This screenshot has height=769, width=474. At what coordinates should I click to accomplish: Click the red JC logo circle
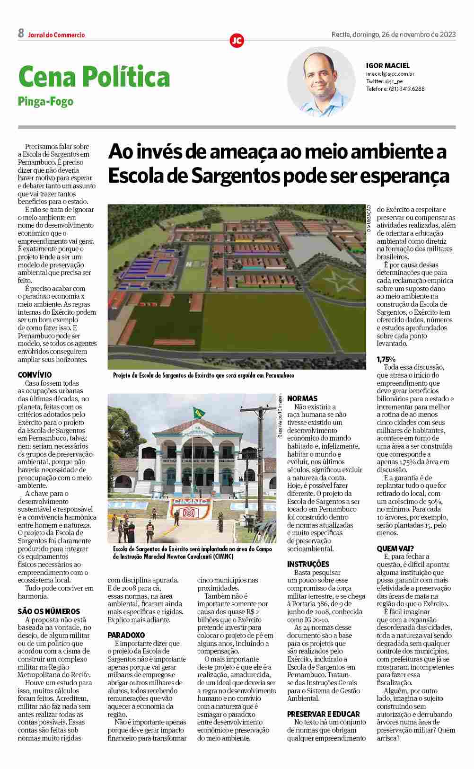[x=237, y=41]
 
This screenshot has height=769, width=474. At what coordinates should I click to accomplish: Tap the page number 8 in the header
[x=21, y=34]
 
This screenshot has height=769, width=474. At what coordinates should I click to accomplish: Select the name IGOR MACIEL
[x=388, y=66]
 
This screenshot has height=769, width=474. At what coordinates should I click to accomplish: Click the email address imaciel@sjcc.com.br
[x=390, y=74]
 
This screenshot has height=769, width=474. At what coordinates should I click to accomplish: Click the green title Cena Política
[x=94, y=77]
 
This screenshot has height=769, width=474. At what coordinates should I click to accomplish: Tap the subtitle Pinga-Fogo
[x=45, y=101]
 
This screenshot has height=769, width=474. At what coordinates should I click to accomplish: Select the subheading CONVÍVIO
[x=35, y=375]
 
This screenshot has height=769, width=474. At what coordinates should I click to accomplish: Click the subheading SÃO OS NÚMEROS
[x=49, y=611]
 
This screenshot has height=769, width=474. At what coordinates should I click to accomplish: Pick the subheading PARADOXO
[x=126, y=635]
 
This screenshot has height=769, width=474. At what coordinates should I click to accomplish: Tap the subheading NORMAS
[x=302, y=398]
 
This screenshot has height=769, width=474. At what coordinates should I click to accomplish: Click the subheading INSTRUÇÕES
[x=308, y=564]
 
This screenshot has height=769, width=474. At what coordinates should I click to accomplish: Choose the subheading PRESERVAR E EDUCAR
[x=324, y=714]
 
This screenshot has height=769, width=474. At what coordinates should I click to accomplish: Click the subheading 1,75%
[x=386, y=359]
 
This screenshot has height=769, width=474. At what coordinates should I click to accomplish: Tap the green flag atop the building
[x=197, y=412]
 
